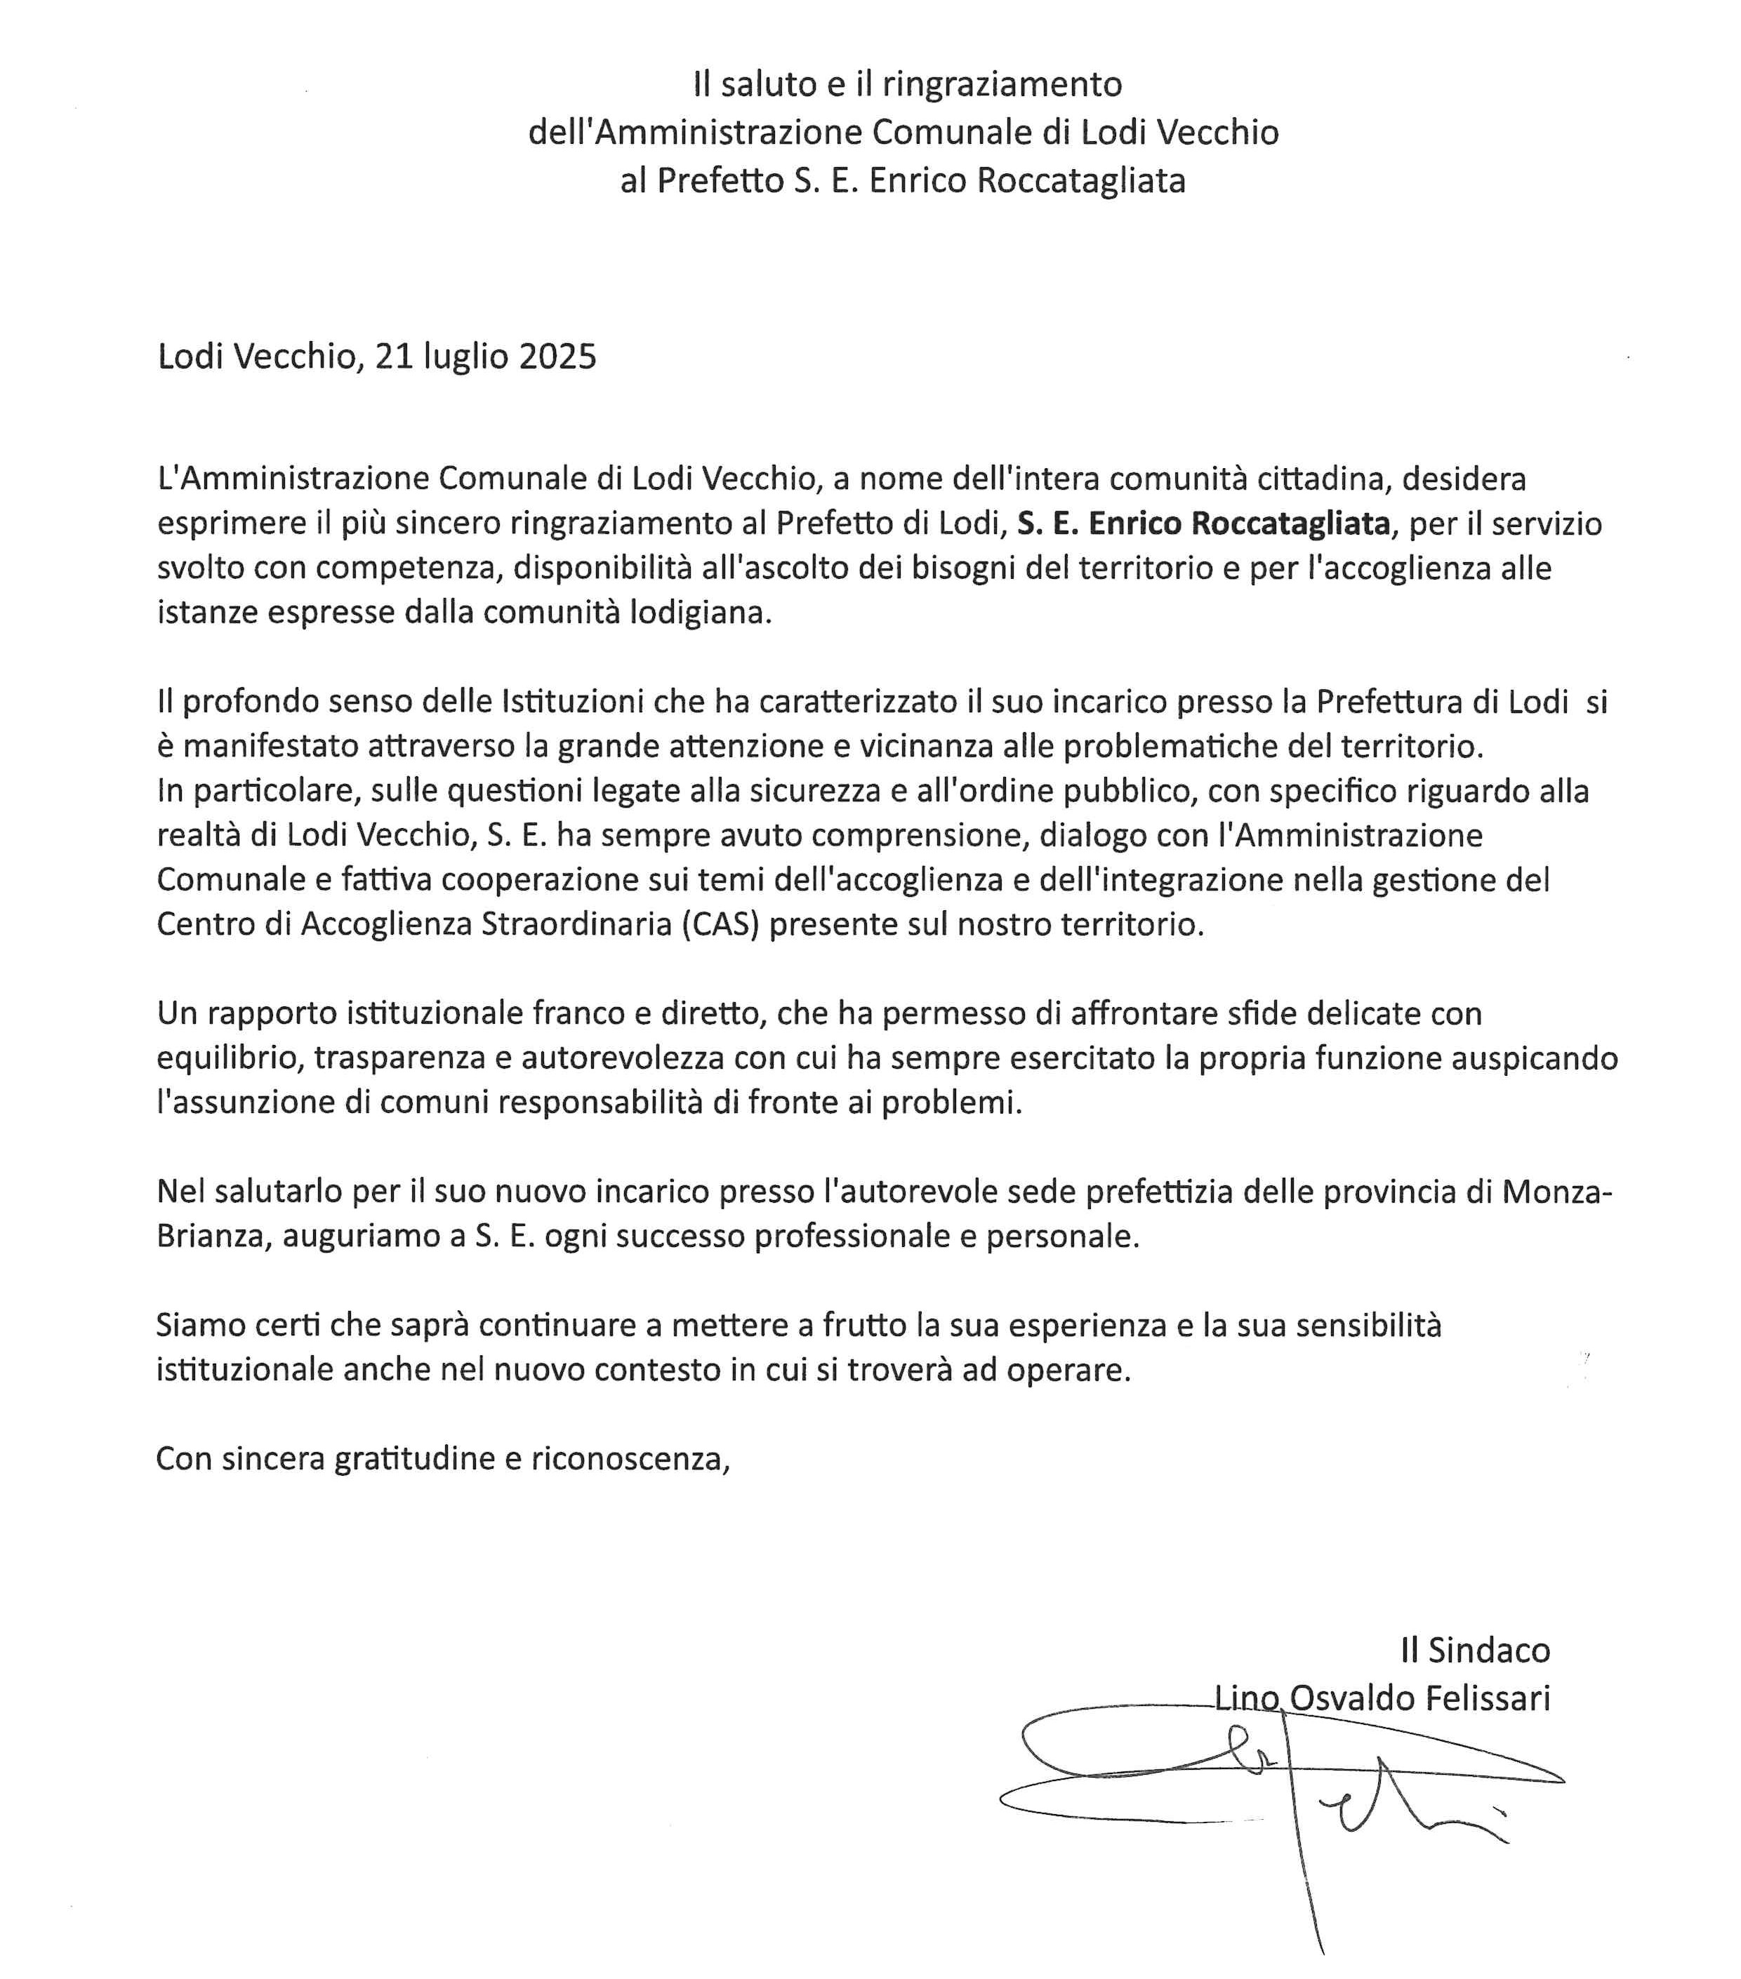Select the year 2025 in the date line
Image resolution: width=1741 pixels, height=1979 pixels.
pyautogui.click(x=557, y=357)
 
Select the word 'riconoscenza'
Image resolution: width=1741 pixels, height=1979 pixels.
pyautogui.click(x=630, y=1459)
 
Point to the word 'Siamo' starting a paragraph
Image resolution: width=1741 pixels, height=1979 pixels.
pyautogui.click(x=199, y=1326)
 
